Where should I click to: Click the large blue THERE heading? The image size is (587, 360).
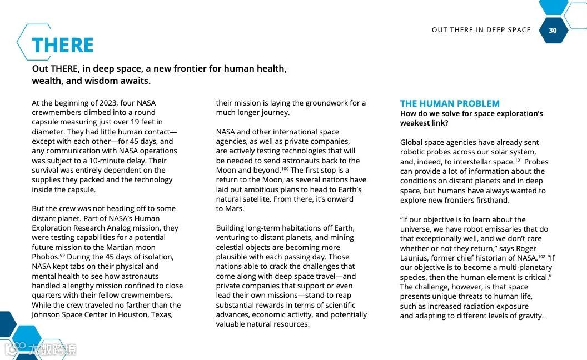63,45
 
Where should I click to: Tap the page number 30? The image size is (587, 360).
553,30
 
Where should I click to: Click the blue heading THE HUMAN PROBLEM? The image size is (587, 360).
450,103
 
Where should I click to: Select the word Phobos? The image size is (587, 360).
45,257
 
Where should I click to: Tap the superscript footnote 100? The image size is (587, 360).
285,169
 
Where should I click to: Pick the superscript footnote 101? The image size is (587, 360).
518,160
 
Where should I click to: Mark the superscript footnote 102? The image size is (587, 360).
541,256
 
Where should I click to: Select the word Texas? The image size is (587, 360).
161,314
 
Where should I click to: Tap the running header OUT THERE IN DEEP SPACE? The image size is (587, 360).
481,30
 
